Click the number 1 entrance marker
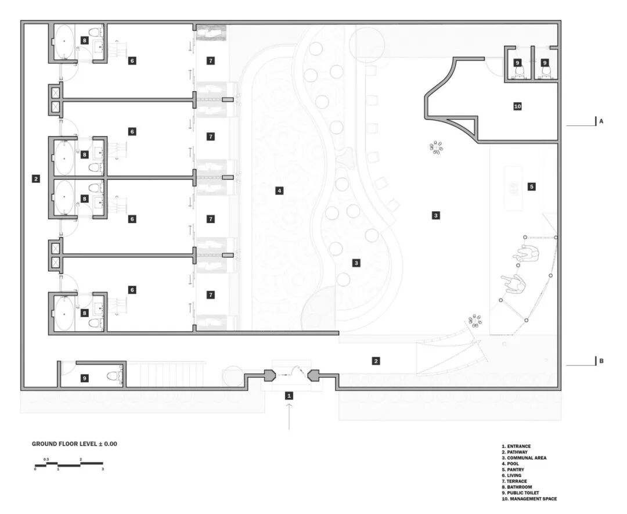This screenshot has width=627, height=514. pyautogui.click(x=289, y=396)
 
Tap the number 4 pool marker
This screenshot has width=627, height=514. pyautogui.click(x=279, y=190)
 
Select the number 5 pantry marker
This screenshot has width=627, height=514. pyautogui.click(x=531, y=186)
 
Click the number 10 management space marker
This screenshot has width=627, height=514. pyautogui.click(x=518, y=106)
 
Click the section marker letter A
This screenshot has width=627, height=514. pyautogui.click(x=601, y=122)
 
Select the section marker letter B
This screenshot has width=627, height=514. pyautogui.click(x=601, y=361)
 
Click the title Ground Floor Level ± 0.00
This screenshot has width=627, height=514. pyautogui.click(x=74, y=444)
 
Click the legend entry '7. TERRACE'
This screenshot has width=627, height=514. pyautogui.click(x=517, y=481)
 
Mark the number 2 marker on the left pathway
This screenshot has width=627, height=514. pyautogui.click(x=36, y=179)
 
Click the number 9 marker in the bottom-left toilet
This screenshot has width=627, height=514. pyautogui.click(x=84, y=378)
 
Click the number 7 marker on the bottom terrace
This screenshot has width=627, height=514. pyautogui.click(x=211, y=295)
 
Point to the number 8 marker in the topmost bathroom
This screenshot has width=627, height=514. pyautogui.click(x=85, y=40)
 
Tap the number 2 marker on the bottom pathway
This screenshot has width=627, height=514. pyautogui.click(x=376, y=361)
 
